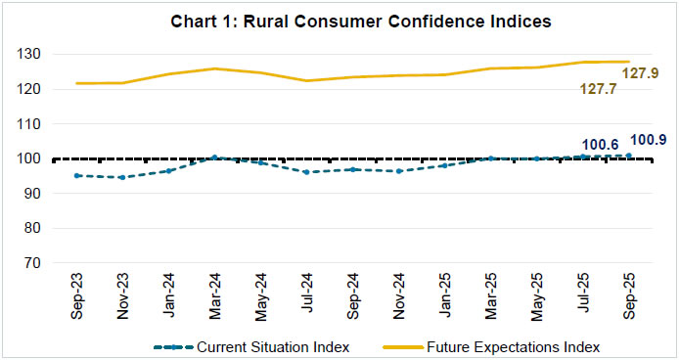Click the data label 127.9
[x=641, y=71]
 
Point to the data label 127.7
[x=585, y=87]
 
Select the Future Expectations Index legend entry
[x=498, y=346]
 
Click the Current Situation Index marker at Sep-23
[x=77, y=175]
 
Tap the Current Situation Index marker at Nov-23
[x=122, y=177]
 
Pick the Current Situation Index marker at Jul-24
[x=306, y=172]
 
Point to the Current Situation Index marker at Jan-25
[x=444, y=165]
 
